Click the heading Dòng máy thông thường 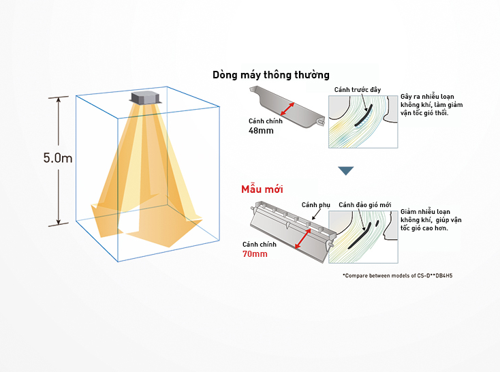(x=271, y=75)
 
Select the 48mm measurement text (x=261, y=130)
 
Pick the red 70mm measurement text (x=255, y=253)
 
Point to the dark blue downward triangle (x=346, y=170)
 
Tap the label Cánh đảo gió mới (x=365, y=204)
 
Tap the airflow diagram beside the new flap (x=362, y=236)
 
